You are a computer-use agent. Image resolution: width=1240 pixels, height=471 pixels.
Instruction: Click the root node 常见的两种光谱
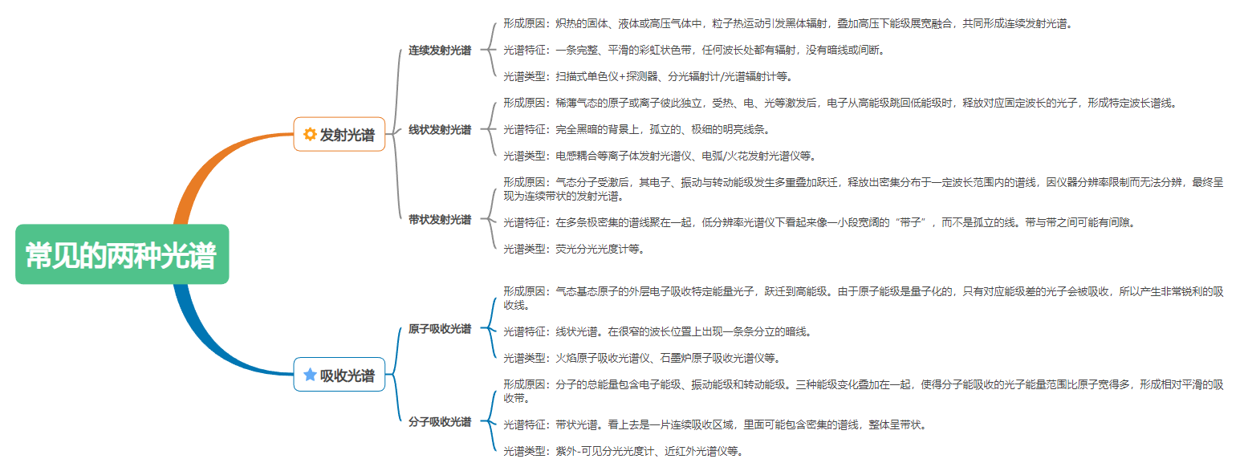pos(122,254)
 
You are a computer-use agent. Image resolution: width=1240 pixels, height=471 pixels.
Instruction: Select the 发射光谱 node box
pos(339,134)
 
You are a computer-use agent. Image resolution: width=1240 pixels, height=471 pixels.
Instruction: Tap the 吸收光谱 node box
pos(339,375)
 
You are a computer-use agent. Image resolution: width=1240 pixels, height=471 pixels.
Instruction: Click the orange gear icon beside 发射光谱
pos(310,134)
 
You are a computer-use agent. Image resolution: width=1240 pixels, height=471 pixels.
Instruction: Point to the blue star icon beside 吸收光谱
pos(310,375)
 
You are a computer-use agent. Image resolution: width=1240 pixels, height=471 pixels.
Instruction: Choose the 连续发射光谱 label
pos(440,51)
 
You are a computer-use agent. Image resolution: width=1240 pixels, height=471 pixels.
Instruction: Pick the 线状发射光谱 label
pos(440,130)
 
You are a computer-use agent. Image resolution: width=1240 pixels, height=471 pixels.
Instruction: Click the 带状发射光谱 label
pos(440,220)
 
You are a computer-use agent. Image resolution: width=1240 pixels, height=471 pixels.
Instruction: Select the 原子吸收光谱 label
pos(440,329)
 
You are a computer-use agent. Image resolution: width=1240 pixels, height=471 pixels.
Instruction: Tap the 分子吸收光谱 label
pos(440,422)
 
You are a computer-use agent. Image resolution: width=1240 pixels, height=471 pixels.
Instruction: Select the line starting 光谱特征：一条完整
pos(695,50)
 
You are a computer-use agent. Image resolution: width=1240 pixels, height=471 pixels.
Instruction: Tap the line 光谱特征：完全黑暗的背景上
pos(637,129)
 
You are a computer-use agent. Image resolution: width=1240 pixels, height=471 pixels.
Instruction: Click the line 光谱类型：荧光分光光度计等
pos(574,249)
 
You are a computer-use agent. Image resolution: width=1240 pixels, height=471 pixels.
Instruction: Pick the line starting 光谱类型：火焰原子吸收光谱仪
pos(642,358)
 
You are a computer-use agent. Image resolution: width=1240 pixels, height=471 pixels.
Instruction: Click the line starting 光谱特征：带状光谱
pos(715,424)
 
